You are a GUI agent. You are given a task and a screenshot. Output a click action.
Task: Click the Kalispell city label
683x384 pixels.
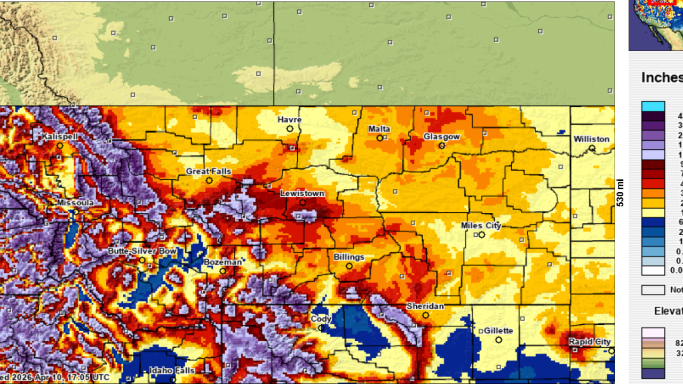60,137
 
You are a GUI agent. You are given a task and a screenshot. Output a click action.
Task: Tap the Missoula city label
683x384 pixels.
76,203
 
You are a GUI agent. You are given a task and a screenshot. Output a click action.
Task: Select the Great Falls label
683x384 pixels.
209,171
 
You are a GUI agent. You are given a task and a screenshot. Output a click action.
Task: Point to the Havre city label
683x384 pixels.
290,120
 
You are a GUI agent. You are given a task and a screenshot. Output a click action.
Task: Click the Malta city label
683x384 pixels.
379,129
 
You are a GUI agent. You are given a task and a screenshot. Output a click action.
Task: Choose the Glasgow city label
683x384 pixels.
441,137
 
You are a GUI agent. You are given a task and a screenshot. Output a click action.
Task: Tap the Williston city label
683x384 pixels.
591,139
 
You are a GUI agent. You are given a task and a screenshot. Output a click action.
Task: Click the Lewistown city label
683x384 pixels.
302,194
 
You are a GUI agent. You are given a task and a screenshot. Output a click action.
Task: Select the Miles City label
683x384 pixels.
481,226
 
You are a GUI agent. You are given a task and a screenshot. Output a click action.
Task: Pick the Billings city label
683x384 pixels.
349,257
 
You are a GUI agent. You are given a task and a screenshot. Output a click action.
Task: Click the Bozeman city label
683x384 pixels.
223,262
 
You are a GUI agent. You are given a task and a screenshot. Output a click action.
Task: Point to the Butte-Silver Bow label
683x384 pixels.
141,251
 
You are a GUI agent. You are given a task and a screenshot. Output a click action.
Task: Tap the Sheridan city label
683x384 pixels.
425,307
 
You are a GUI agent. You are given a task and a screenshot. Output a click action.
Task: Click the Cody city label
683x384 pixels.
321,319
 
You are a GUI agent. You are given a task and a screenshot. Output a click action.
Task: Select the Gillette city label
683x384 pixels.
498,331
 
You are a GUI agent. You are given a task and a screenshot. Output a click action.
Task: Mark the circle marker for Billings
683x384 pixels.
349,266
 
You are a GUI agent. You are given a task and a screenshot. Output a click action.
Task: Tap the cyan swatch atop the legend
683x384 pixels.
653,106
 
